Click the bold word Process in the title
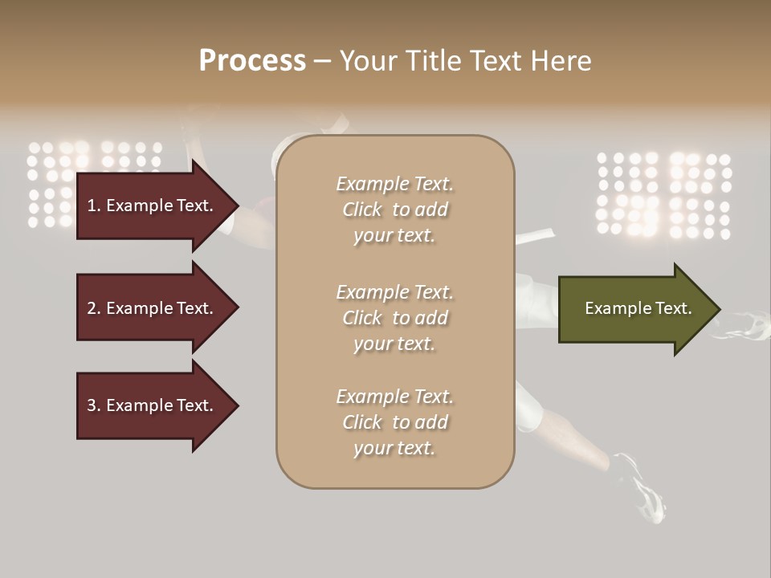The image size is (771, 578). (x=252, y=61)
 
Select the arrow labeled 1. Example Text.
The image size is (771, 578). (x=153, y=206)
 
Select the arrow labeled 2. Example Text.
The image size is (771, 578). (x=153, y=308)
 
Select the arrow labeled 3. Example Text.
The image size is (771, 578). (x=153, y=405)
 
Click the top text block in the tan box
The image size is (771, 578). (x=394, y=210)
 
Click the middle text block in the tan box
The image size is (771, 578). (x=394, y=318)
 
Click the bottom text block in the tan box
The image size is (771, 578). (x=394, y=422)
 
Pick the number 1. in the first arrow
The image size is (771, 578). (x=94, y=206)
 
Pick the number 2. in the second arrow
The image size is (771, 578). (x=94, y=308)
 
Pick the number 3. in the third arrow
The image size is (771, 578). (x=94, y=405)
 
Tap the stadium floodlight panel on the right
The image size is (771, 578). (x=663, y=196)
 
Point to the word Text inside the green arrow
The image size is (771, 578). (x=673, y=308)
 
